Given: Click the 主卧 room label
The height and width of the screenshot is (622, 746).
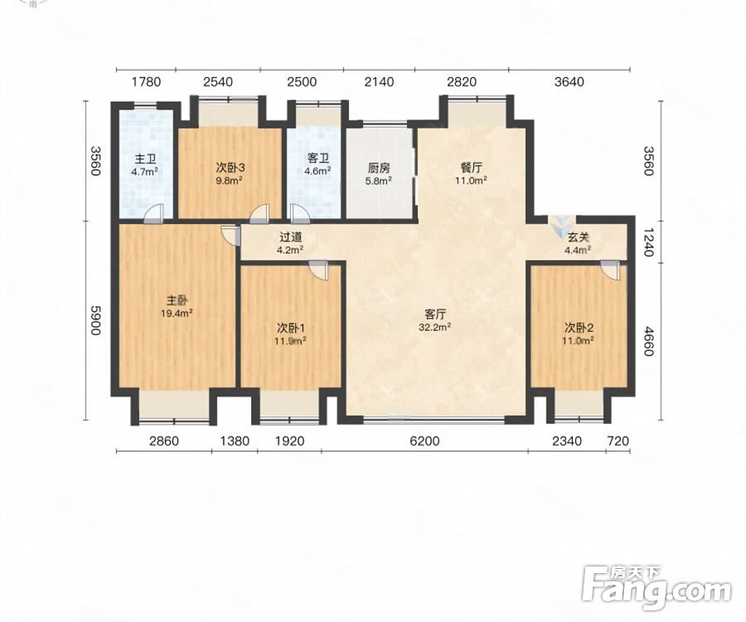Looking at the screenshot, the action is point(177,301).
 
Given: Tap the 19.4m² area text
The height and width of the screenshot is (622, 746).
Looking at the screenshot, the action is point(177,313).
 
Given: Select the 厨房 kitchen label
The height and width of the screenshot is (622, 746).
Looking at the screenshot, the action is point(379,168).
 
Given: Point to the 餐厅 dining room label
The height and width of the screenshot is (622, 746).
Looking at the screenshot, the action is point(471,168).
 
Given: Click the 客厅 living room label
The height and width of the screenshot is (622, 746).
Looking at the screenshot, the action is point(435,314).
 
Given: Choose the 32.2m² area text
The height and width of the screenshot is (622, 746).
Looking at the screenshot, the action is point(435,327).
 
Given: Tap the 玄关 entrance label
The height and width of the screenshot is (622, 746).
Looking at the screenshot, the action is point(579,237).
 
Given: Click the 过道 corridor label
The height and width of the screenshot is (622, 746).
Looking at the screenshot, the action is point(291,237).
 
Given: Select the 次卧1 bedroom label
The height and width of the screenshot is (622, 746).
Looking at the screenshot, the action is point(291,328).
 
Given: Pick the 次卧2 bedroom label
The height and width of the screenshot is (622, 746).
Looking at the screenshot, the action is point(579,328).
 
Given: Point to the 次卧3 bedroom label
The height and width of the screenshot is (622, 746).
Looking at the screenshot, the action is point(230,168).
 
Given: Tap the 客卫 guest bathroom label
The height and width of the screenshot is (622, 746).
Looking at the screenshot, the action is point(317,158).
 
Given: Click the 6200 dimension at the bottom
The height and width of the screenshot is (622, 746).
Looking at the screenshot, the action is point(424,441).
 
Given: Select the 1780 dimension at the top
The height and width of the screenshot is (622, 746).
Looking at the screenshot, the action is point(146,82).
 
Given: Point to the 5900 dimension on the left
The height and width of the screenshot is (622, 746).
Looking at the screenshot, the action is point(95,320).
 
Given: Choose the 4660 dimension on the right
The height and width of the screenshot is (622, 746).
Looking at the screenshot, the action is point(648,341).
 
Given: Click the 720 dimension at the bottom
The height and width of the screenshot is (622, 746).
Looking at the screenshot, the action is point(618,441).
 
